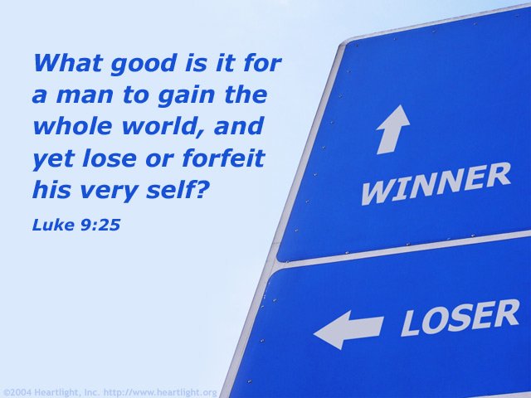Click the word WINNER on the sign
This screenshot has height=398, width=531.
coord(436,183)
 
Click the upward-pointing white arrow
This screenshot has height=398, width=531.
coord(392,129)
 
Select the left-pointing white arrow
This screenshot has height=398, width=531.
coord(348,329)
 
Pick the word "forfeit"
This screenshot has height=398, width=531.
coord(223,158)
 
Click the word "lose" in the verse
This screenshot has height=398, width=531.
coord(109,158)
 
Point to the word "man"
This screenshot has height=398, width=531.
coord(85,97)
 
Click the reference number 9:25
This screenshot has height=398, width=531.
coord(99,225)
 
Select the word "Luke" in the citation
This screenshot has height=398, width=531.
coord(52,225)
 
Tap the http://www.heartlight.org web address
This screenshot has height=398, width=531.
coord(160,392)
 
